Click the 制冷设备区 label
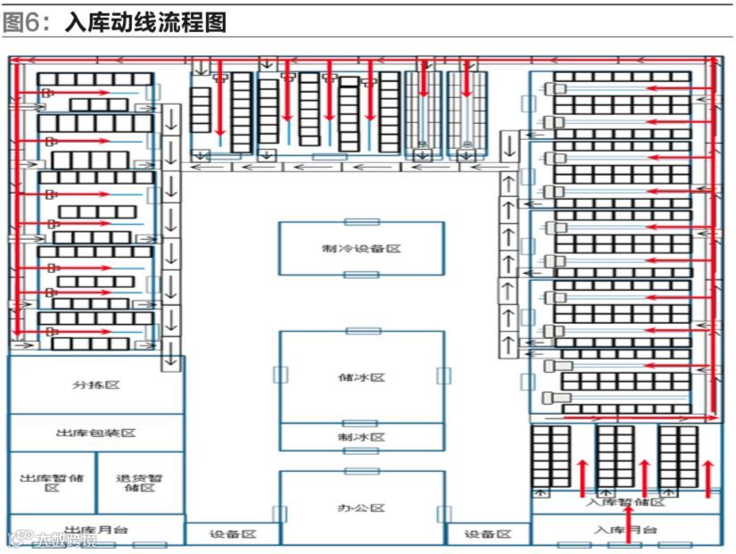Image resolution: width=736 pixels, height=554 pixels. pos(361,248)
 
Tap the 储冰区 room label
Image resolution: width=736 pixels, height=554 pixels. pos(361,377)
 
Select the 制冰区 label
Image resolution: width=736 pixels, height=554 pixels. pos(361,437)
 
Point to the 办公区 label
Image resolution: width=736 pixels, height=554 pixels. pos(361,508)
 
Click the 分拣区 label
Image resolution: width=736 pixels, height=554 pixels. pos(96,385)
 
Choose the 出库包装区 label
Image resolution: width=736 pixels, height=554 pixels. pos(96,433)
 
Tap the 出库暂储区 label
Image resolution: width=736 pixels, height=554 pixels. pos(52,483)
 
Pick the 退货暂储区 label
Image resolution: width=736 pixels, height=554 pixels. pos(140,483)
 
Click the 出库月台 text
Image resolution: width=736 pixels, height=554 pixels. pos(96,530)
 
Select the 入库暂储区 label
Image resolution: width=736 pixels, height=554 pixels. pos(625,502)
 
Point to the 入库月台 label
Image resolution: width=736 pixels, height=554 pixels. pos(625,530)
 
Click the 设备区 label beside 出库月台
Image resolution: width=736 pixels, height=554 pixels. pos(233,533)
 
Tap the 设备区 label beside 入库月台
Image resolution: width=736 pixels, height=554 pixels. pos(489,533)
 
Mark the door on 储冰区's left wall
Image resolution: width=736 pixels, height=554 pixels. pos(280,375)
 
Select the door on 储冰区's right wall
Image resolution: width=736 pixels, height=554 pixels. pos(442,375)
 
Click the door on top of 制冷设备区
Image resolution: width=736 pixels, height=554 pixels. pos(361,221)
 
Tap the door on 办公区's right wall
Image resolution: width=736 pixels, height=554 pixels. pos(442,514)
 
